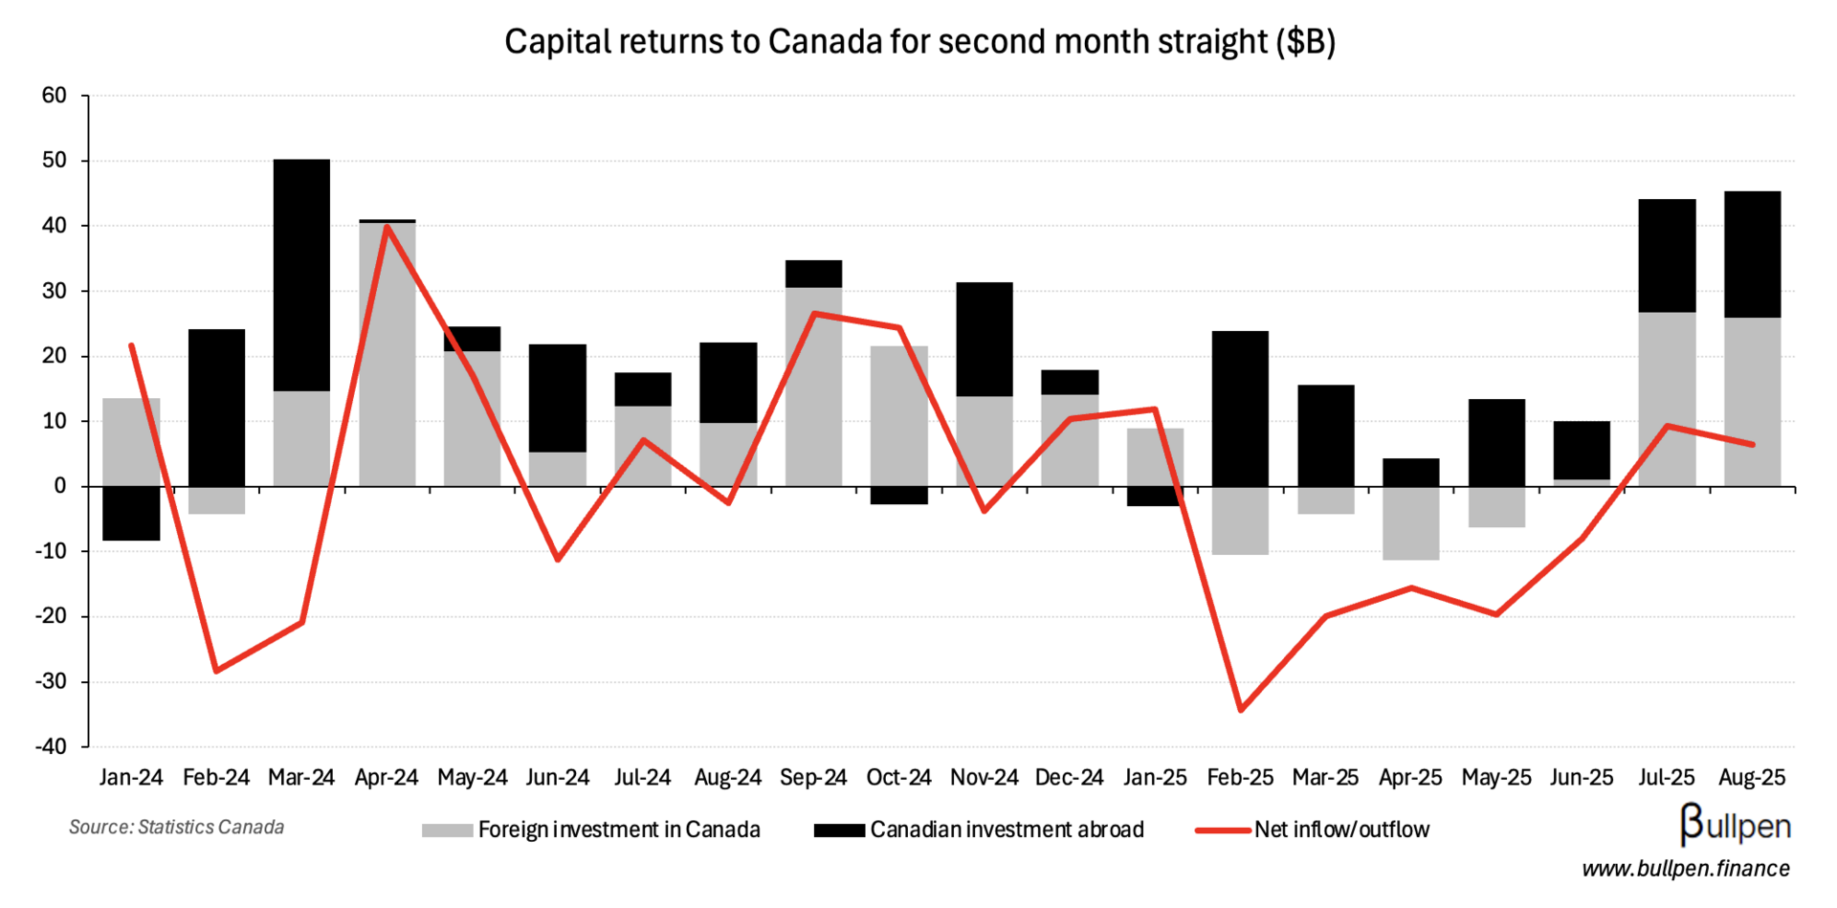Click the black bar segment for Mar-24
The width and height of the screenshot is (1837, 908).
click(301, 275)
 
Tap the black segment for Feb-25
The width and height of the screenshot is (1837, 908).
click(1240, 409)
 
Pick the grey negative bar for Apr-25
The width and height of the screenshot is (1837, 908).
click(1410, 523)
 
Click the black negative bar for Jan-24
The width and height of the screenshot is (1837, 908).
click(131, 514)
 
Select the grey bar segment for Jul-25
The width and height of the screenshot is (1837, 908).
click(1667, 399)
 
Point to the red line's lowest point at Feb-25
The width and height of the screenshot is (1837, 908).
click(1241, 710)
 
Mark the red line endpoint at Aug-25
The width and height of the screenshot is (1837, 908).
click(1753, 444)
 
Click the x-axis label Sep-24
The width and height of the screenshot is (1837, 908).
click(813, 778)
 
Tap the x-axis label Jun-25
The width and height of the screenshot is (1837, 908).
click(1581, 778)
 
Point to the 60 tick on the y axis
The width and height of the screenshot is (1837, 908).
click(55, 95)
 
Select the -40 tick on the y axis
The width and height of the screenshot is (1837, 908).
click(52, 746)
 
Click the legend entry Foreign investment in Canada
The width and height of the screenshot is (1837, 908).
click(618, 830)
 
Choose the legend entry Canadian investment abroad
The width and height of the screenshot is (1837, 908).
click(1007, 830)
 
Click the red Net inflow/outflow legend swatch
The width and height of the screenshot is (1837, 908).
click(1223, 830)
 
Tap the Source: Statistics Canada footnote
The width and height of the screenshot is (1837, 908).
click(176, 827)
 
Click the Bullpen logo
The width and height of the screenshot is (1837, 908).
click(1735, 826)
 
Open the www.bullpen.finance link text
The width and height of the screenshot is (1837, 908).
click(1685, 869)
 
